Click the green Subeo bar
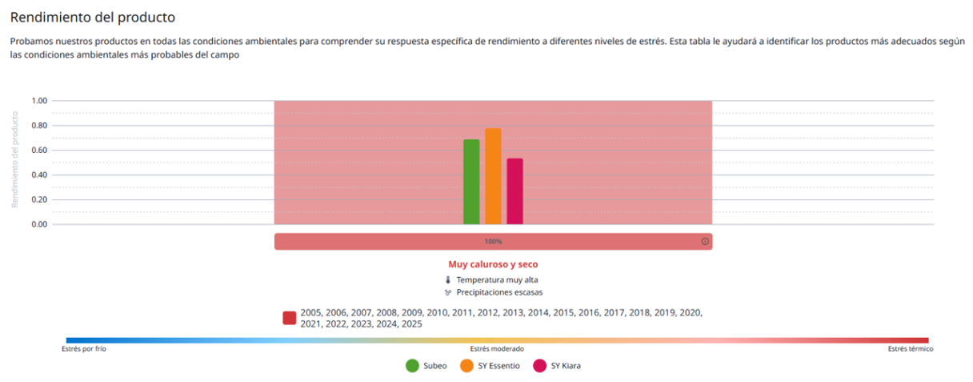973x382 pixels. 471,182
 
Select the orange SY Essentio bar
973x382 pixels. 493,176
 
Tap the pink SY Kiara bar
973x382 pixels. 515,191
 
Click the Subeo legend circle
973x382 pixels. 413,366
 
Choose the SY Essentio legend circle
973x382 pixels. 467,366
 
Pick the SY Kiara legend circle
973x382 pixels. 540,366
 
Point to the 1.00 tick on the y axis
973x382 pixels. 39,101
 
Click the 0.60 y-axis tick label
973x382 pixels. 39,151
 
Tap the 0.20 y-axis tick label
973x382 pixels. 39,199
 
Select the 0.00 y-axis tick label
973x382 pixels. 39,224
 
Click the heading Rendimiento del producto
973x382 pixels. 92,16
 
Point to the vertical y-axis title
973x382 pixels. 14,159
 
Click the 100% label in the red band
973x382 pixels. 493,241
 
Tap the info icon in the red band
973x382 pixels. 705,241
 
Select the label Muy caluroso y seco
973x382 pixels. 493,263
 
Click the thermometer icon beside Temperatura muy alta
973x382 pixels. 447,279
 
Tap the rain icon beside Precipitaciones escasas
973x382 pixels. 447,292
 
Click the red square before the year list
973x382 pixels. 290,318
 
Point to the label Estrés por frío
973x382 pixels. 84,349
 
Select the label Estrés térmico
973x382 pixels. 910,349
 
